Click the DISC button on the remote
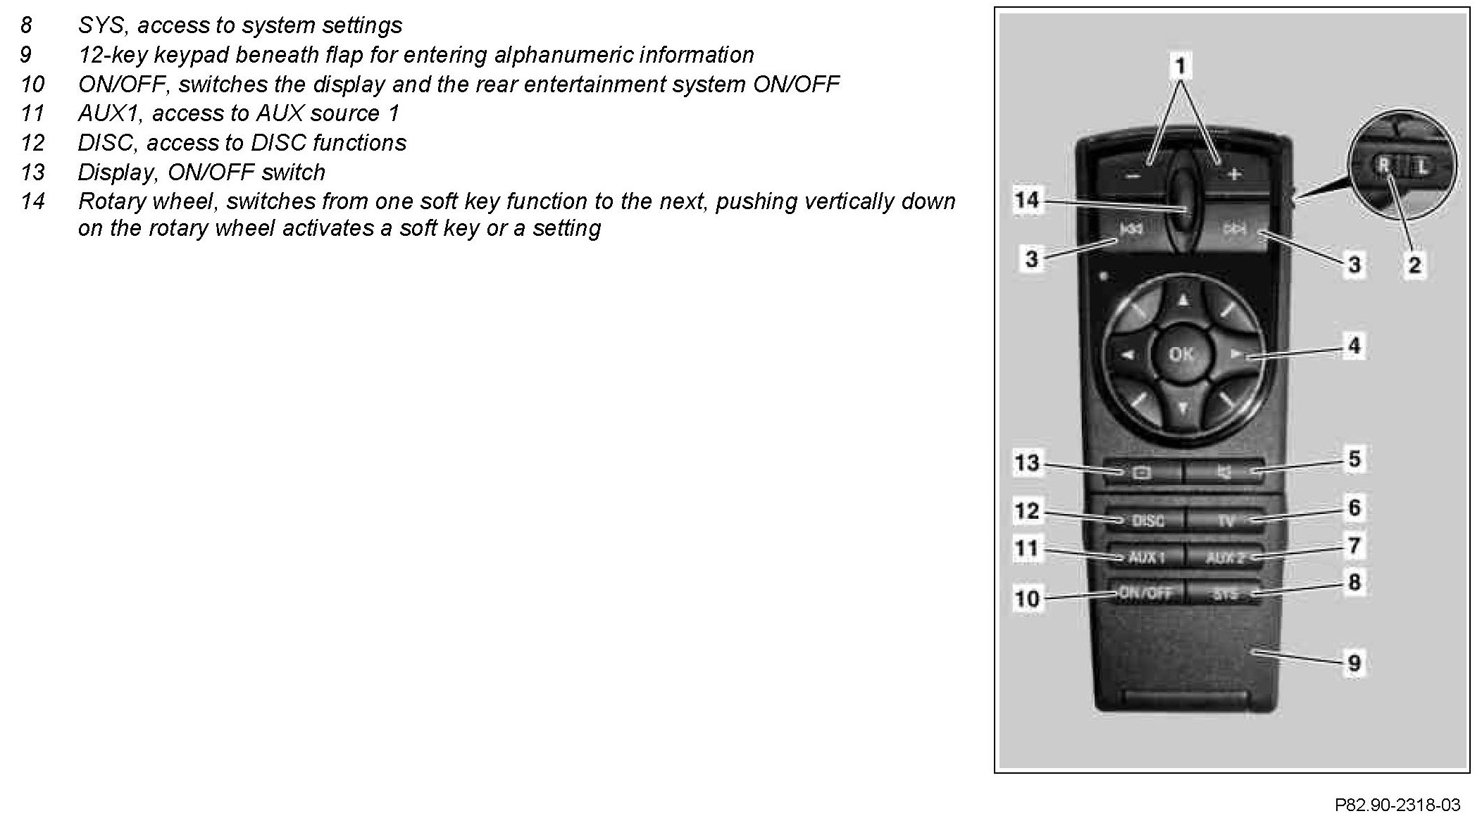click(x=1147, y=521)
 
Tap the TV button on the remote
click(x=1226, y=521)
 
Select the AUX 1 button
click(x=1147, y=558)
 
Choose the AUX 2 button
click(x=1226, y=558)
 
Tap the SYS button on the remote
click(x=1226, y=594)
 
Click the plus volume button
click(x=1233, y=173)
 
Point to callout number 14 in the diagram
click(x=1026, y=201)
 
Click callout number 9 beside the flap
click(x=1354, y=663)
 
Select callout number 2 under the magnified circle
click(x=1414, y=265)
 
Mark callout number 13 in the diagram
click(x=1026, y=463)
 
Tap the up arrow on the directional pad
click(x=1183, y=301)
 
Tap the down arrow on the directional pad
click(x=1183, y=408)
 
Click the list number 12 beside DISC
click(x=32, y=144)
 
